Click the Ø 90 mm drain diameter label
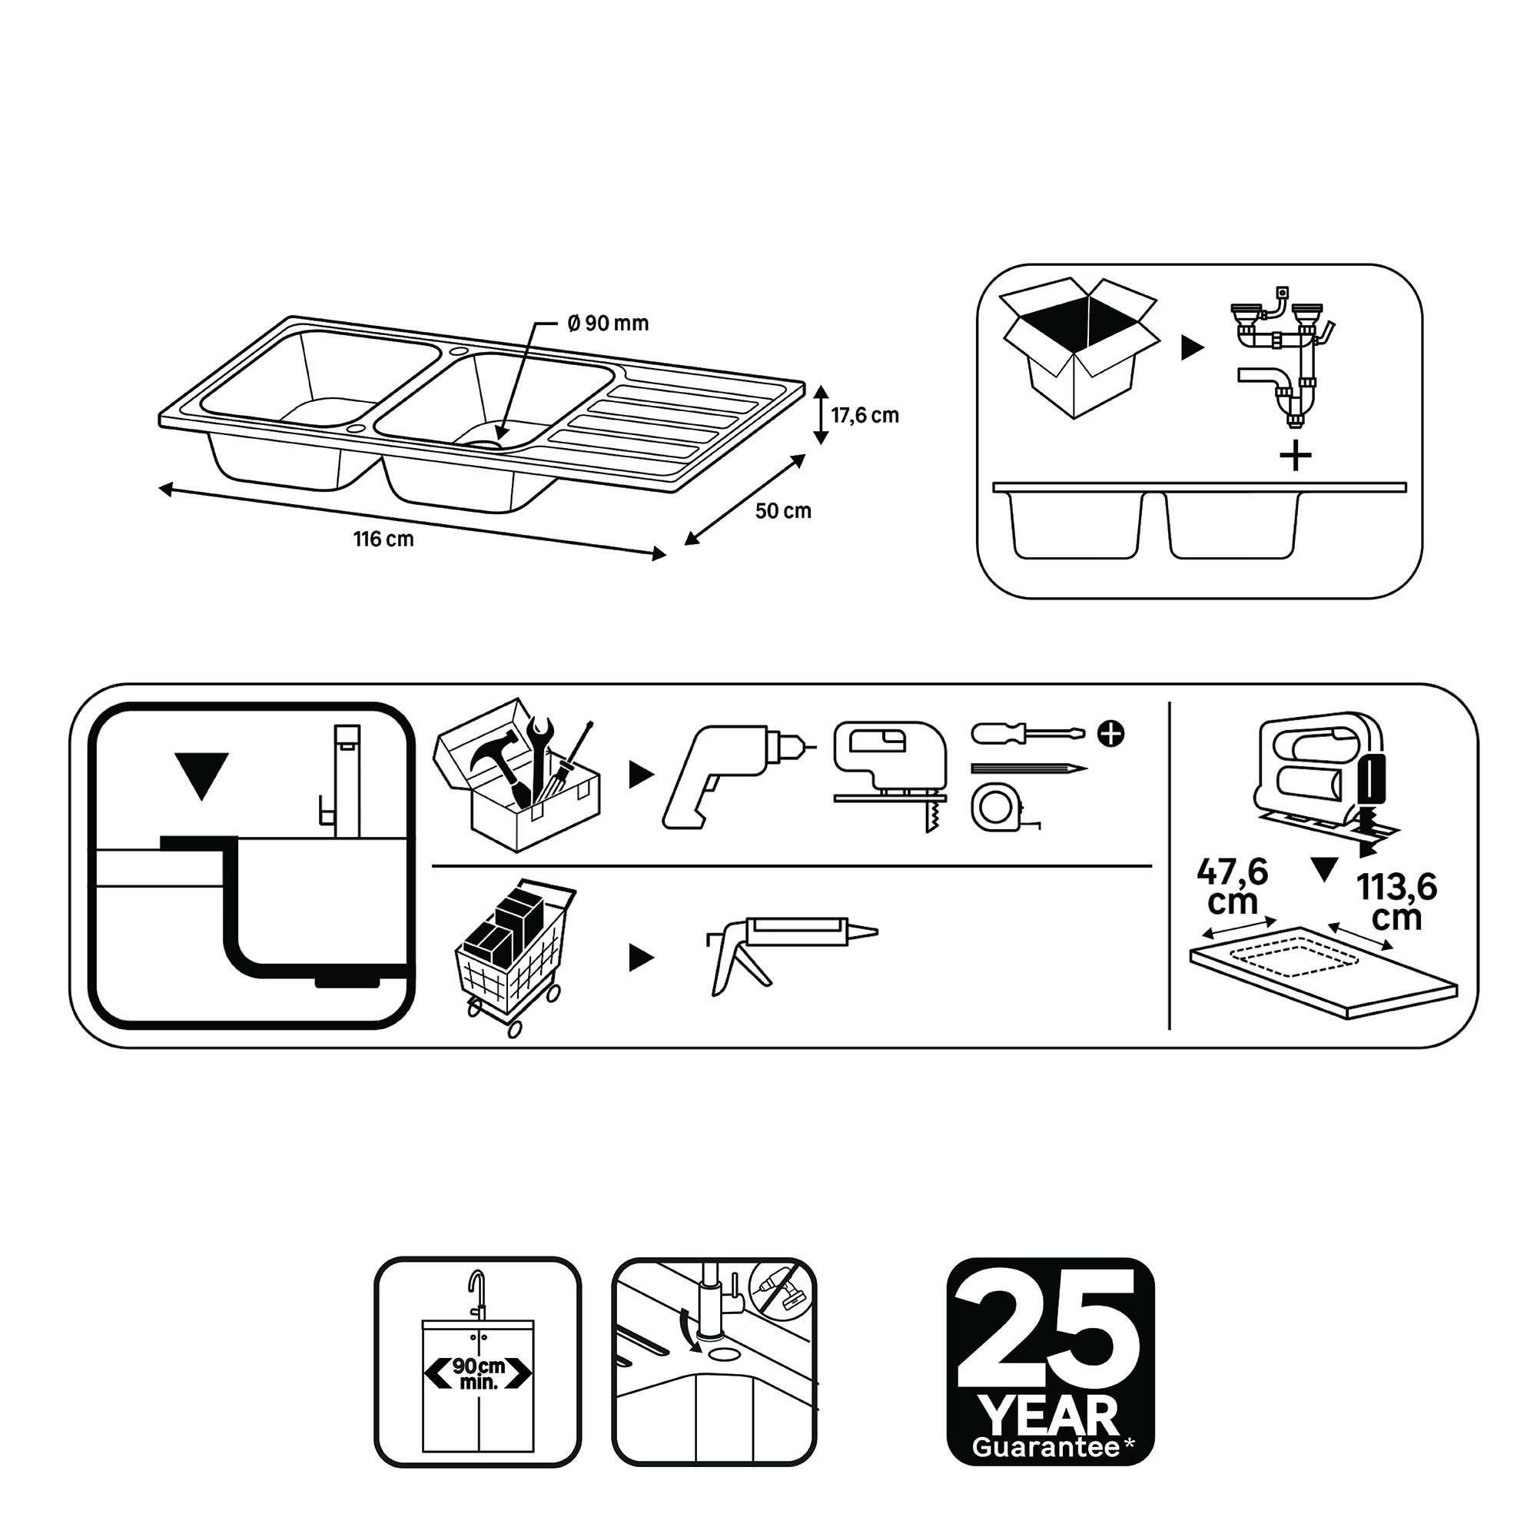[x=609, y=323]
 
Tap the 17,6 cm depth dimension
[x=865, y=415]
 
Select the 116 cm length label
[x=383, y=539]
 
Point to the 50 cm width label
[x=783, y=511]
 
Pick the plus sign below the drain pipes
[x=1296, y=456]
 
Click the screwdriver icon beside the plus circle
[x=1027, y=732]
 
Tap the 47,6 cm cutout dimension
[x=1233, y=885]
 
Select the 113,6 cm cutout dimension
[x=1397, y=901]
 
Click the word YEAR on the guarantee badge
[x=1049, y=1416]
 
